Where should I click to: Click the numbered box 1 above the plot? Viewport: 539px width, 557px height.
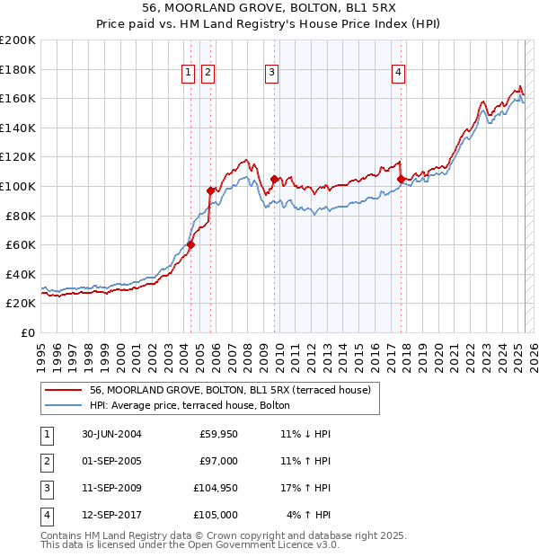(189, 74)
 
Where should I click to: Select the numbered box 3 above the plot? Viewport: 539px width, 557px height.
(271, 74)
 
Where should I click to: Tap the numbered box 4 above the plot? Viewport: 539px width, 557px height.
(398, 74)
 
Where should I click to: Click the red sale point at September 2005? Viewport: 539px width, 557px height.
(210, 190)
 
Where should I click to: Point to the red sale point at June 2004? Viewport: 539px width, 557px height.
(191, 244)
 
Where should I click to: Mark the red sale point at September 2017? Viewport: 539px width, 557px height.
(401, 179)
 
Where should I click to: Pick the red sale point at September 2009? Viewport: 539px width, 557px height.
(274, 179)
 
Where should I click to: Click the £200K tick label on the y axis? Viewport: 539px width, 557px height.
(17, 40)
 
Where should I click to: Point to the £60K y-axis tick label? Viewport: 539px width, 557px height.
(21, 244)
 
